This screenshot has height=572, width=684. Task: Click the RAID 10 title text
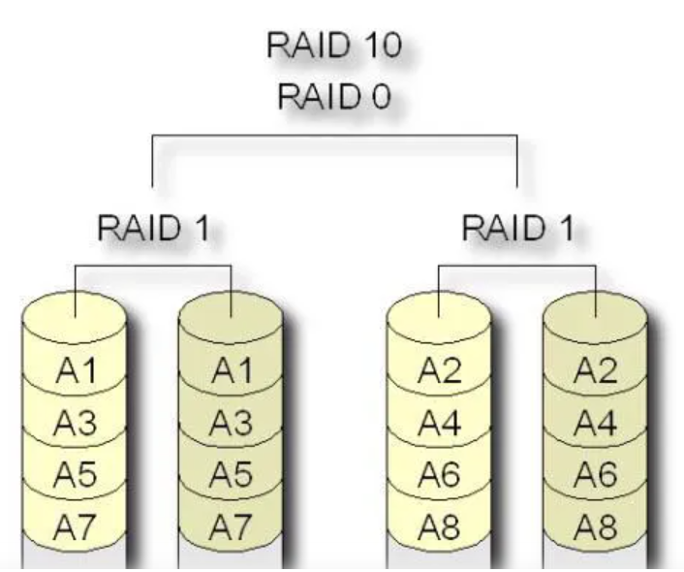point(336,48)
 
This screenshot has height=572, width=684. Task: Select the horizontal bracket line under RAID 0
point(336,137)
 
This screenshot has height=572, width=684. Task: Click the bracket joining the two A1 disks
point(153,266)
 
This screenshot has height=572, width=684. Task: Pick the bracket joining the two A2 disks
point(516,266)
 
